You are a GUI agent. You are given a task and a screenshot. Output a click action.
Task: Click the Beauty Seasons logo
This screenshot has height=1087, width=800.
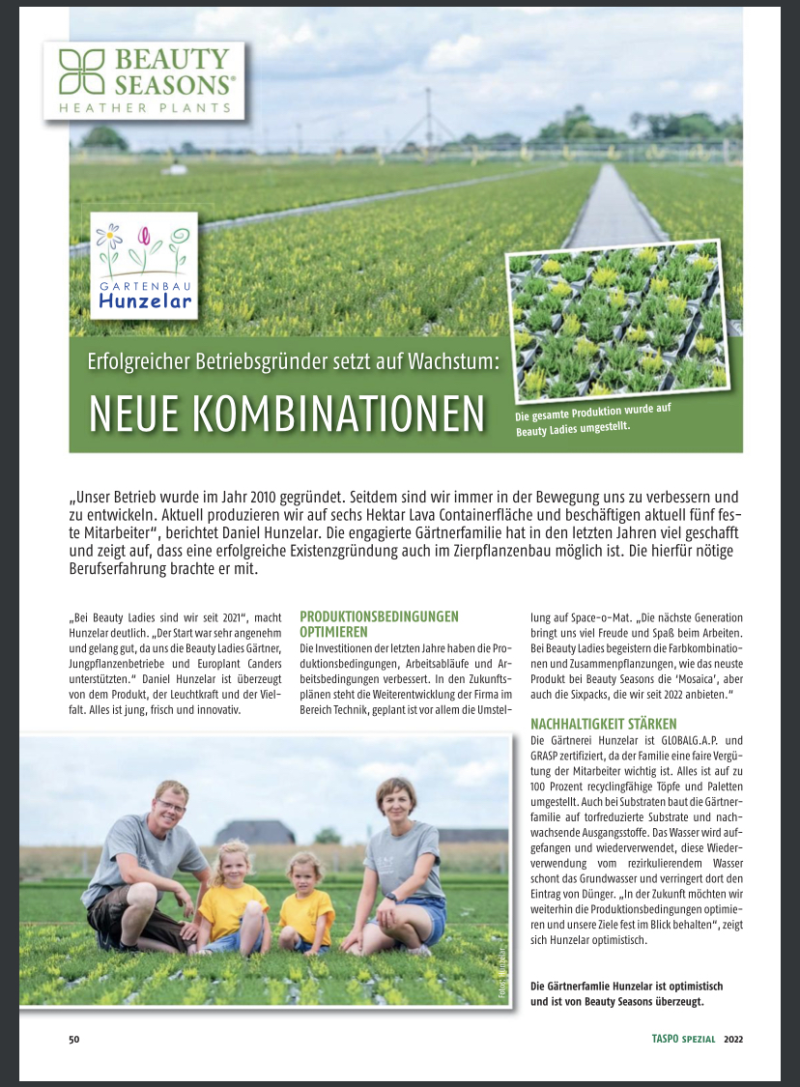(x=144, y=79)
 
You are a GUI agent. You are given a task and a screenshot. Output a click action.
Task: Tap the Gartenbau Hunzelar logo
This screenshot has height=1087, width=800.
(x=144, y=265)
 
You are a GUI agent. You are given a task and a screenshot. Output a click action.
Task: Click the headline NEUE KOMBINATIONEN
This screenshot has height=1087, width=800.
(x=286, y=414)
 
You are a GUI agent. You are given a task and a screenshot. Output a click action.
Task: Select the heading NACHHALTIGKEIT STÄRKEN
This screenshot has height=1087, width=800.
(x=604, y=724)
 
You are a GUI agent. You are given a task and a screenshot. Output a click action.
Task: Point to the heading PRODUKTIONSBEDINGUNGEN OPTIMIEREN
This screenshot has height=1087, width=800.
(x=379, y=623)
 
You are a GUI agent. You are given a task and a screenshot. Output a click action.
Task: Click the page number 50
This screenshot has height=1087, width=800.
(x=73, y=1040)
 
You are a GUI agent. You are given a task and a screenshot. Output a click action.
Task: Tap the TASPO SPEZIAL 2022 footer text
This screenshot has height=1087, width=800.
(x=696, y=1040)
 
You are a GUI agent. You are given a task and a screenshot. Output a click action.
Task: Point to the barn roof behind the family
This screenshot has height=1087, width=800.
(x=254, y=830)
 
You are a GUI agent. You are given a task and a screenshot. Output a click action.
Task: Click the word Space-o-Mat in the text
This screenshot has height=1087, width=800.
(x=601, y=616)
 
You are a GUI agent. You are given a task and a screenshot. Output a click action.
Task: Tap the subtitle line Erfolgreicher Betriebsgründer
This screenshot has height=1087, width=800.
(x=292, y=365)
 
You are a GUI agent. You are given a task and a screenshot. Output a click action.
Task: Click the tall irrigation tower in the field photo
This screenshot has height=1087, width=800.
(x=426, y=121)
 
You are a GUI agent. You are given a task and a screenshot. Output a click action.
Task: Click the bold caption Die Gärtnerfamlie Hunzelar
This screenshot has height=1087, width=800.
(x=627, y=986)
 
